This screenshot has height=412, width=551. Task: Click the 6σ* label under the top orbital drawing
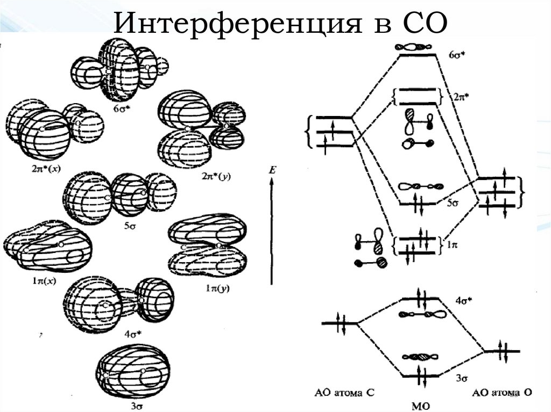[x=119, y=107]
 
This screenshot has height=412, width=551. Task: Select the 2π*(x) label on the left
[x=46, y=168]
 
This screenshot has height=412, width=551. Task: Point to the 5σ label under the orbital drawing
[x=129, y=226]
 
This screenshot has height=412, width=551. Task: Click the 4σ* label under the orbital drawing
[x=132, y=334]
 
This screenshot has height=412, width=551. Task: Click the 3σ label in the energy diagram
[x=460, y=379]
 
